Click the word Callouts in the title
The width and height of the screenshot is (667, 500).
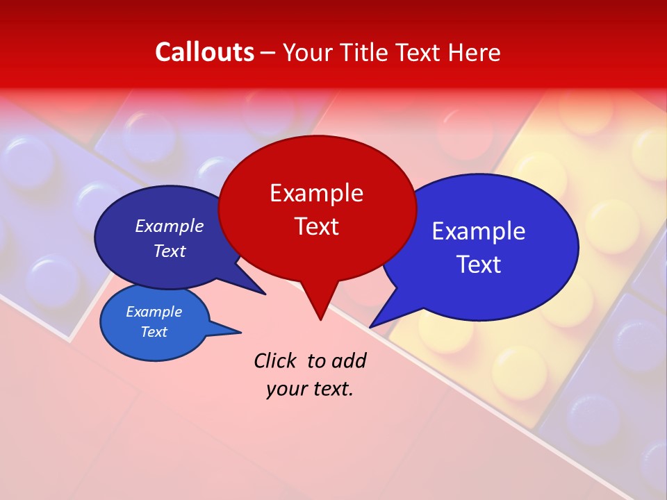(204, 52)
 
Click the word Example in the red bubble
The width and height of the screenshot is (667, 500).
(316, 193)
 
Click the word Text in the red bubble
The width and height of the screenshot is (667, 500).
(316, 226)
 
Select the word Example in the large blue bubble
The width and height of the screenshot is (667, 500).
(479, 231)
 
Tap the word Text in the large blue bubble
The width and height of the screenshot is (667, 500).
(479, 265)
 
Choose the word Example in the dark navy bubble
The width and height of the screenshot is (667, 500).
(169, 226)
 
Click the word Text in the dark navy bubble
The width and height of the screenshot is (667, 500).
(169, 251)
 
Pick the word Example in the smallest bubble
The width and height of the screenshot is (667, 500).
(154, 312)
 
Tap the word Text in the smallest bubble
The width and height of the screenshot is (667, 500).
(154, 332)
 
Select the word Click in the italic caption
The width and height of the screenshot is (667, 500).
(274, 360)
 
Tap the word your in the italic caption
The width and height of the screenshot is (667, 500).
(286, 390)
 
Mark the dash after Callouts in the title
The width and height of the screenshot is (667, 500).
(269, 53)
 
